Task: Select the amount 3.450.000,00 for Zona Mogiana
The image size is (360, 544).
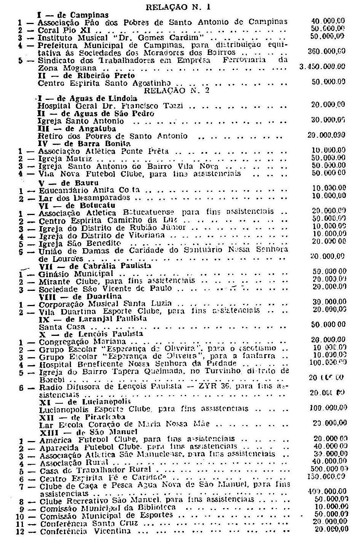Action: [x=323, y=66]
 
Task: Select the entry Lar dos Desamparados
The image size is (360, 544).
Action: [x=85, y=198]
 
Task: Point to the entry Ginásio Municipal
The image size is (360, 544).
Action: [x=76, y=274]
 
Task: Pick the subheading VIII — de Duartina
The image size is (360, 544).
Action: [x=80, y=296]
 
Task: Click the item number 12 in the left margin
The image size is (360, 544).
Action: [x=21, y=531]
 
